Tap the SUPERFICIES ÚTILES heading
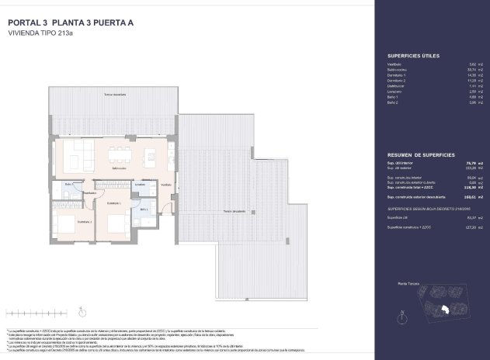click(412, 57)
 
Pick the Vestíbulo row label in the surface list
click(394, 64)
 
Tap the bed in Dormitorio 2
click(66, 224)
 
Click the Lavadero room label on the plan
click(140, 185)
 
